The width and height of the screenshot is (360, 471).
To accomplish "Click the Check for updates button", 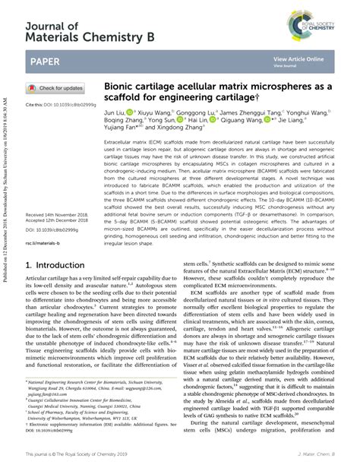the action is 55,88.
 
